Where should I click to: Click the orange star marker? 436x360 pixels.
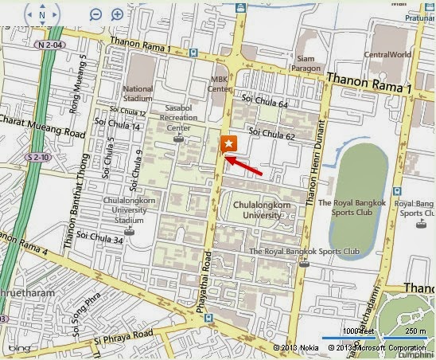pyautogui.click(x=228, y=143)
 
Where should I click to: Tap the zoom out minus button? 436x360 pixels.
pyautogui.click(x=95, y=14)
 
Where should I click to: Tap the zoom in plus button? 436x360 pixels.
pyautogui.click(x=117, y=14)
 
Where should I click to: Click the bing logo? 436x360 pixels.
pyautogui.click(x=19, y=348)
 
